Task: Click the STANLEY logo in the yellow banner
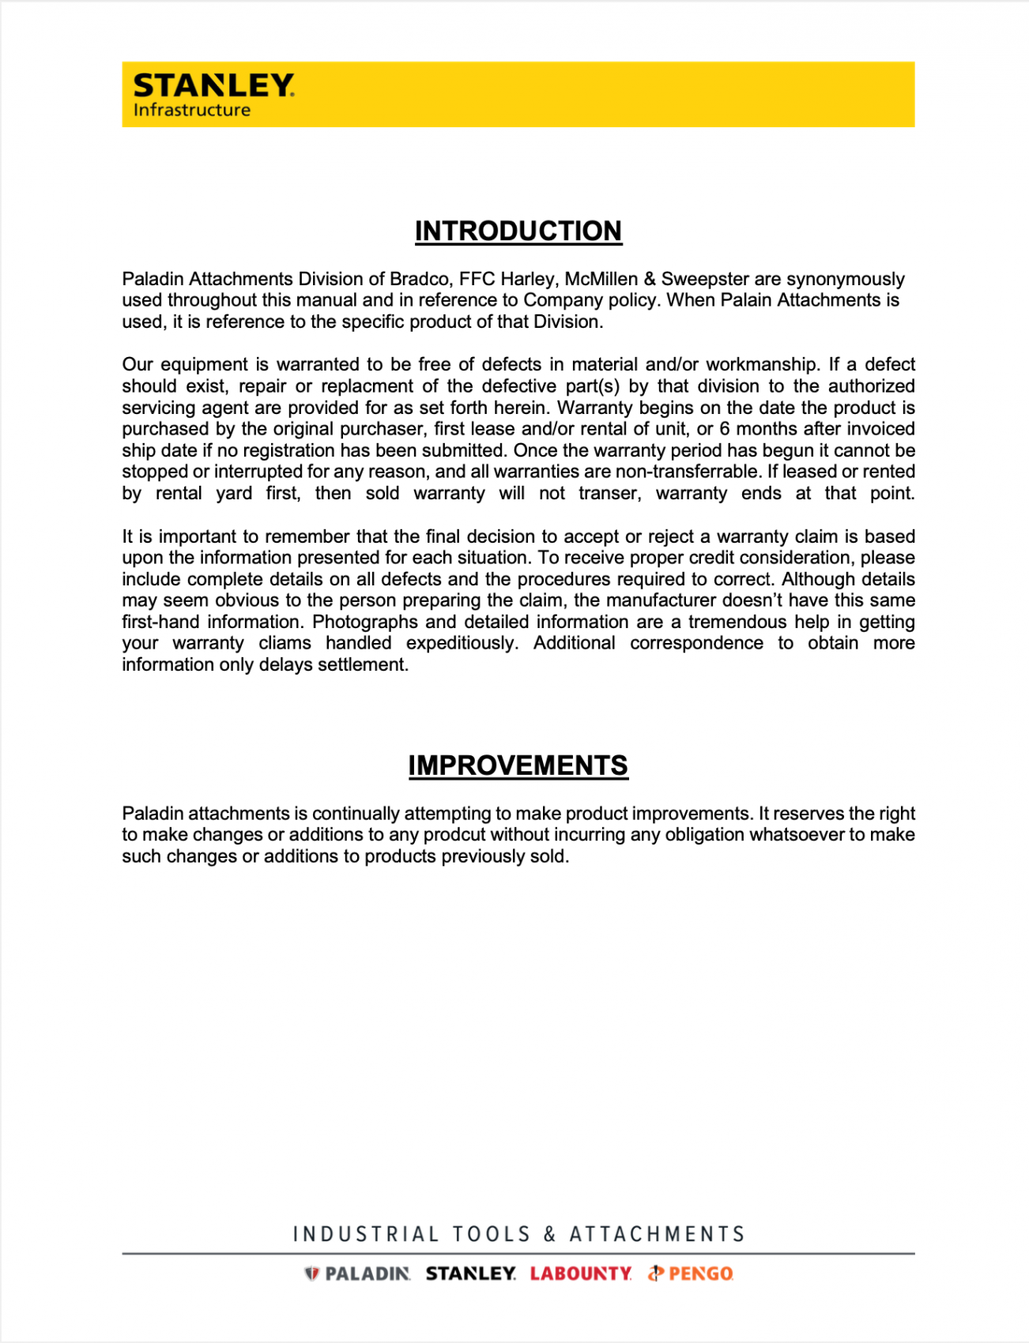point(213,85)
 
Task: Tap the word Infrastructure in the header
point(191,111)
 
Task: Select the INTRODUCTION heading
point(518,231)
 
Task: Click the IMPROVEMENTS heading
point(518,766)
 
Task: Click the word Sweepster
point(705,280)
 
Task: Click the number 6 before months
point(724,430)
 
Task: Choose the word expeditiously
point(462,644)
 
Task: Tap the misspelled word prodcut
point(454,836)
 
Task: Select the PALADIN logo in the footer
point(358,1273)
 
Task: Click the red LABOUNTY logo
point(581,1273)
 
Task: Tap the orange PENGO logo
point(692,1273)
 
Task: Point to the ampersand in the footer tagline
point(550,1234)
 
